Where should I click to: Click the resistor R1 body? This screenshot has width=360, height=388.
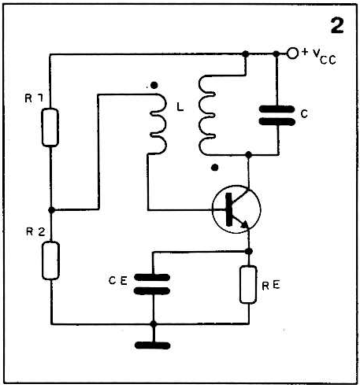click(50, 127)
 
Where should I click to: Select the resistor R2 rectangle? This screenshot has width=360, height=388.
click(50, 261)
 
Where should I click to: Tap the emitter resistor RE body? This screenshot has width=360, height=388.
click(248, 285)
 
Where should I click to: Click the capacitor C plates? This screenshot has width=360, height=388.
click(277, 116)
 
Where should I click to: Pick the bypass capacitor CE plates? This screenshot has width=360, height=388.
click(152, 284)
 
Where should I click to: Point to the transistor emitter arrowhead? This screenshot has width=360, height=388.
click(244, 224)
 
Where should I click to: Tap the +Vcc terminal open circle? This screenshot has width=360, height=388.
click(292, 54)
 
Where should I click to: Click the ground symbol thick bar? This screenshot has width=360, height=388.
click(152, 346)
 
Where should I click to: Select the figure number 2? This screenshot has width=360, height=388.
click(337, 26)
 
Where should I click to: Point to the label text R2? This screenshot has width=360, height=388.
click(35, 232)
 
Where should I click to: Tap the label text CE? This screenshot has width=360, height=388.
click(118, 281)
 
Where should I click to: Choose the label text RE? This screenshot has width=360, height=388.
click(271, 286)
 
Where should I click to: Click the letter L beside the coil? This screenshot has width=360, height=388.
click(180, 107)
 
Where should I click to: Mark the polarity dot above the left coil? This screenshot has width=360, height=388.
click(154, 85)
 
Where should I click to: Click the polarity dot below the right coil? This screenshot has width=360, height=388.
click(215, 168)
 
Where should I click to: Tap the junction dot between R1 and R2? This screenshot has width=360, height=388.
click(51, 210)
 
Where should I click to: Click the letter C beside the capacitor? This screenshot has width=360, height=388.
click(304, 114)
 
